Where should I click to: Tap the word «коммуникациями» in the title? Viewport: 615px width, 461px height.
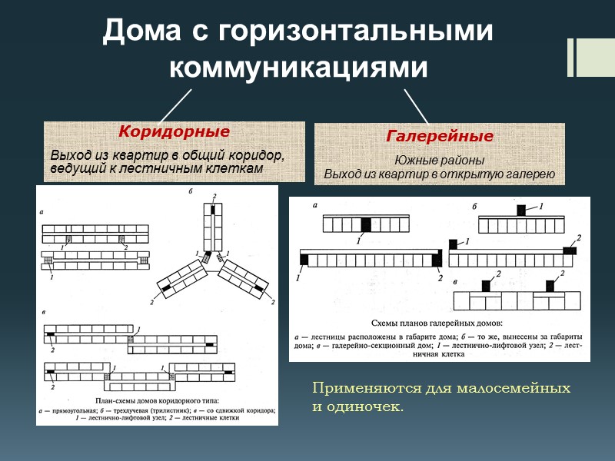click(298, 67)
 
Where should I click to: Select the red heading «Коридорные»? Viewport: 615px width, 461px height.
click(174, 131)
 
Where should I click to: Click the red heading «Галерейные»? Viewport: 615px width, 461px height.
click(440, 136)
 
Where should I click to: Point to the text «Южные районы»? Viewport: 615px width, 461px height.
click(440, 161)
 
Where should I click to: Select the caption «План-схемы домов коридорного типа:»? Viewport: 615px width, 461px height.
click(157, 400)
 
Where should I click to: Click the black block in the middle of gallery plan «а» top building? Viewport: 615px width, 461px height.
click(366, 224)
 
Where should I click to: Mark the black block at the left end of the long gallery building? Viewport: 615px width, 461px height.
click(304, 259)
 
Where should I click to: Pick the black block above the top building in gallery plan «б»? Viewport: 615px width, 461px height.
click(521, 210)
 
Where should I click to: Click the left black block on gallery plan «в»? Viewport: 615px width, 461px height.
click(486, 286)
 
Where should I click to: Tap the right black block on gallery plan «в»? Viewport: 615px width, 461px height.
click(550, 286)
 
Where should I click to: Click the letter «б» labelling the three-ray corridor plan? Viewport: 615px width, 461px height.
click(190, 191)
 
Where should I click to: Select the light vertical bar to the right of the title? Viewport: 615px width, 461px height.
click(571, 58)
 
